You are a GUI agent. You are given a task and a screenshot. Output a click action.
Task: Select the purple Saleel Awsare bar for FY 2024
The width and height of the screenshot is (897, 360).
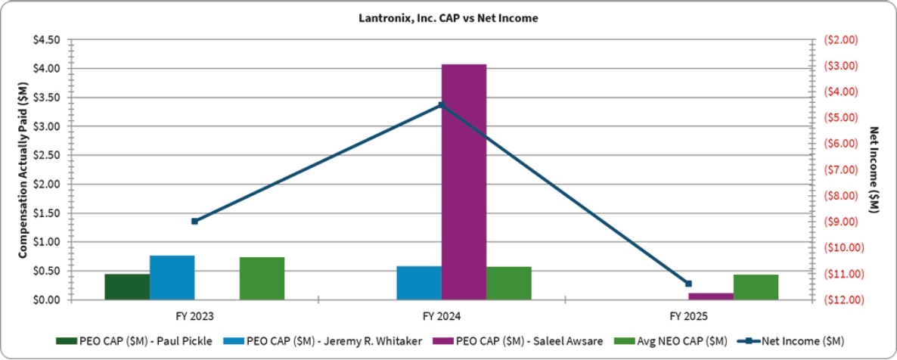pos(464,182)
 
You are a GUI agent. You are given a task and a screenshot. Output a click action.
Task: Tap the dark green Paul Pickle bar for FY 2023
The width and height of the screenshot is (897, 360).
pos(127,287)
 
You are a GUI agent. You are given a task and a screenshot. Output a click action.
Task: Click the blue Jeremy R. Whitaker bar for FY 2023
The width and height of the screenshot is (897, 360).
pos(172,278)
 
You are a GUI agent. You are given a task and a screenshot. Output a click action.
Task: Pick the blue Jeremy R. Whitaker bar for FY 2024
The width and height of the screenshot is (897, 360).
pos(419,283)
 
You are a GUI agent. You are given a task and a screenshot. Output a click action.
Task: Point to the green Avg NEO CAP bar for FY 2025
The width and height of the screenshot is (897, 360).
pos(756,287)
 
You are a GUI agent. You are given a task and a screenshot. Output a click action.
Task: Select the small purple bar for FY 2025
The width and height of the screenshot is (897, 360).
pos(711,296)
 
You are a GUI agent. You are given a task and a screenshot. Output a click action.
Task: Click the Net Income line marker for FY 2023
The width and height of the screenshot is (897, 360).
pos(194,221)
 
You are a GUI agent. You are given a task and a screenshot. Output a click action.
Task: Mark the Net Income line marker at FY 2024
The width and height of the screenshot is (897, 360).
pos(442,105)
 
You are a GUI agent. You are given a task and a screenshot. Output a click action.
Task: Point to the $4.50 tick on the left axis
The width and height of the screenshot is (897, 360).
pos(48,40)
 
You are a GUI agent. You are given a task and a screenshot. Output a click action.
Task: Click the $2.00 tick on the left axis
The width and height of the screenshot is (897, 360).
pos(48,185)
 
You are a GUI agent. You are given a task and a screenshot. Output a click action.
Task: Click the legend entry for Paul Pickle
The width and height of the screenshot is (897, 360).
pos(134,341)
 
